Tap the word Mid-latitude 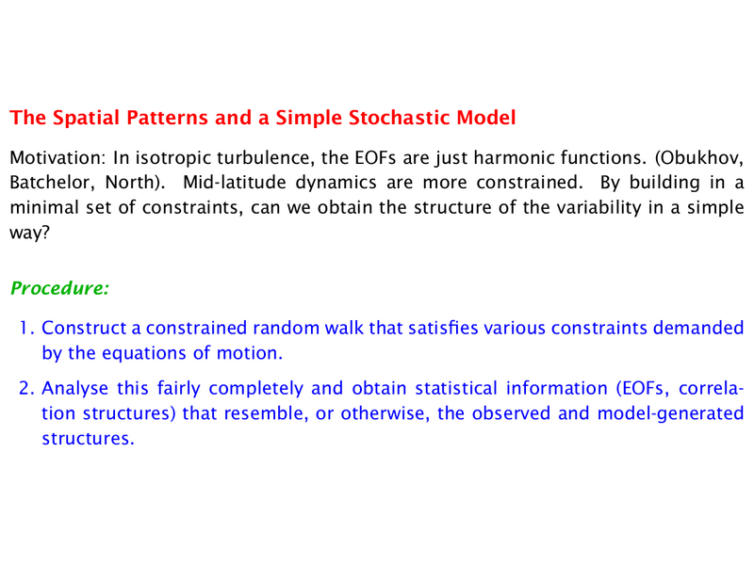tap(235, 183)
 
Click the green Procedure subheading tap(59, 288)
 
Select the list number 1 tap(26, 328)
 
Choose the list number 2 tap(26, 389)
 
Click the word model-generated tap(670, 414)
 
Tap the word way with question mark tap(30, 234)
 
